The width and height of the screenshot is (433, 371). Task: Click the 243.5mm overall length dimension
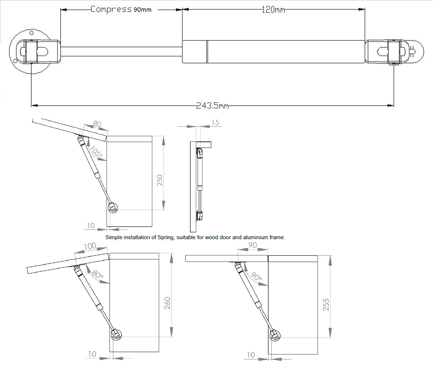click(x=213, y=106)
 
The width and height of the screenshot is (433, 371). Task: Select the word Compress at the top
click(x=111, y=9)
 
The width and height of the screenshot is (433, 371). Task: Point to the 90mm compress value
click(x=142, y=10)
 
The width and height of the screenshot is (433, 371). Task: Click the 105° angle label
click(x=96, y=153)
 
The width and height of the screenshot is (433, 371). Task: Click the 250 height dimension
click(x=160, y=180)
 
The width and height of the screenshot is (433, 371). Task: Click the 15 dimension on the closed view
click(x=215, y=123)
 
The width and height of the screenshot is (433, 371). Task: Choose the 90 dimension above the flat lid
click(x=253, y=245)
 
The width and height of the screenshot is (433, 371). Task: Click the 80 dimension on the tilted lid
click(x=97, y=124)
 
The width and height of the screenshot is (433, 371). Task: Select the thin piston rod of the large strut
click(x=121, y=51)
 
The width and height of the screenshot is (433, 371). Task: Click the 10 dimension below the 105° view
click(x=91, y=225)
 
